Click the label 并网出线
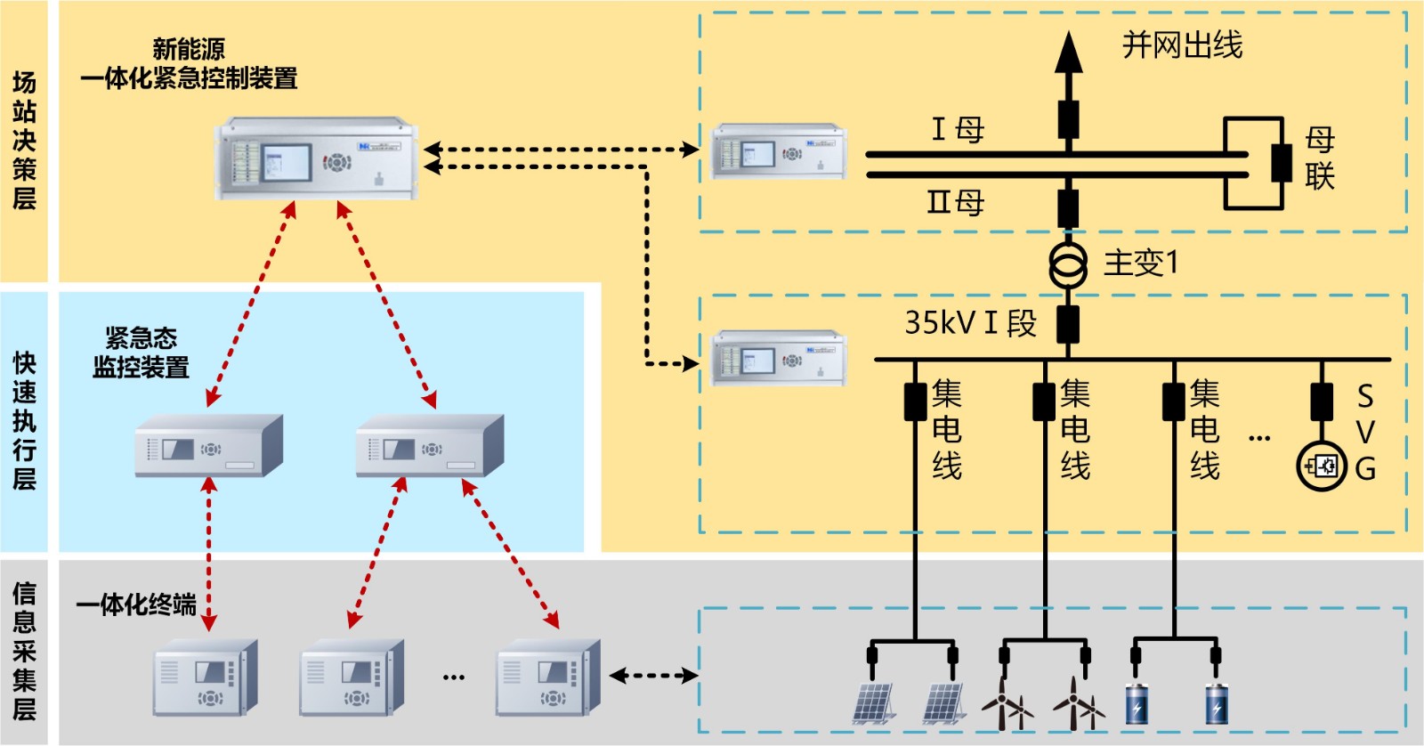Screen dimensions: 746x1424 (1181, 45)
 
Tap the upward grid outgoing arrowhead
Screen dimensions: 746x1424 (1068, 53)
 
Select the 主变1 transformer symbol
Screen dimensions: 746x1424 (1067, 264)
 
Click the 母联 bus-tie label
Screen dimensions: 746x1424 (1319, 158)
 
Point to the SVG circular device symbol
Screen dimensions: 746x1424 (1322, 466)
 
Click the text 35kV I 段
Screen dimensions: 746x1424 (970, 322)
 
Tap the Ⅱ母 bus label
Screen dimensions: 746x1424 (956, 202)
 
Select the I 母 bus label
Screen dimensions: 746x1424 (958, 130)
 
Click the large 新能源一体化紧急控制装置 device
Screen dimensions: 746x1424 (316, 158)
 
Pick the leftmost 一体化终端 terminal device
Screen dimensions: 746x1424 (206, 677)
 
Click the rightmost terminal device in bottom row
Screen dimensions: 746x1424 (547, 677)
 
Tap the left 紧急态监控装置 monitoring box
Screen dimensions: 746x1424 (208, 445)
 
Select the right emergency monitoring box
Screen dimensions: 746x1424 (430, 445)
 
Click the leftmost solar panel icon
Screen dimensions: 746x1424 (873, 703)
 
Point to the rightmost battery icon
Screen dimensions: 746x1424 (1217, 703)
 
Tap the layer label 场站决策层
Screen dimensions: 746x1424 (24, 141)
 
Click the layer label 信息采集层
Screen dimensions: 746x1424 (24, 651)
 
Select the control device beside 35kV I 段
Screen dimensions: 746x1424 (779, 358)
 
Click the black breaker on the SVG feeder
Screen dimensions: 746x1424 (1322, 401)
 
